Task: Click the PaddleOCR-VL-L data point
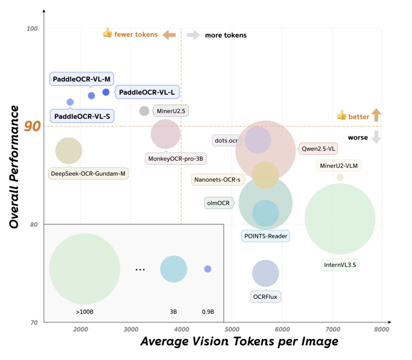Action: click(106, 92)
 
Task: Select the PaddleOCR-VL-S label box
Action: click(82, 116)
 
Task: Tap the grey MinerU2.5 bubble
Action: click(144, 111)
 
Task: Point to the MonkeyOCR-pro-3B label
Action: click(175, 158)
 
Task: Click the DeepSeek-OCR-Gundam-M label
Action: click(88, 174)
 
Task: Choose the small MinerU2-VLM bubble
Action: click(340, 177)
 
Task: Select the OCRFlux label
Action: click(266, 296)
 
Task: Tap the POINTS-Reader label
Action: click(266, 236)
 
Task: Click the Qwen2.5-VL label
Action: click(319, 149)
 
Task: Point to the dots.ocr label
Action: click(226, 140)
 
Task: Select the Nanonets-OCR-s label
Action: click(217, 179)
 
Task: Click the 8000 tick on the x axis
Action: click(381, 329)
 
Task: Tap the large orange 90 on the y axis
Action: click(32, 126)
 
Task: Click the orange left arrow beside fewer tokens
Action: click(169, 35)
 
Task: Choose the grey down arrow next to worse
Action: click(376, 137)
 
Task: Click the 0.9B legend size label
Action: click(208, 312)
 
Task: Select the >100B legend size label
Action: click(85, 312)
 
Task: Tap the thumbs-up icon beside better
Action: click(341, 115)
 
